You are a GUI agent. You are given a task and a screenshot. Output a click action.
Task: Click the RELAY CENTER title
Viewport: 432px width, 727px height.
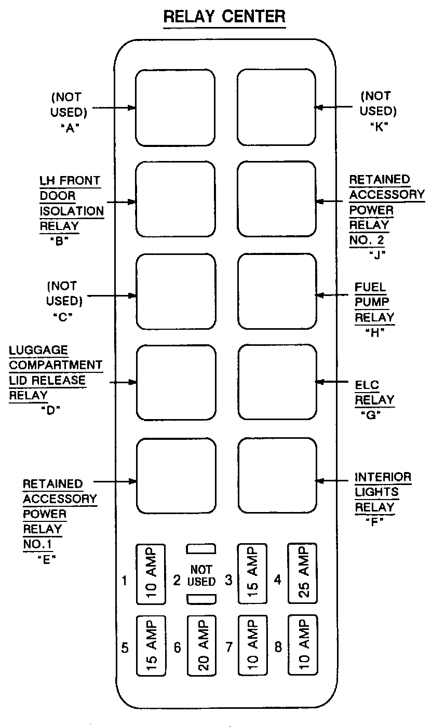coord(224,17)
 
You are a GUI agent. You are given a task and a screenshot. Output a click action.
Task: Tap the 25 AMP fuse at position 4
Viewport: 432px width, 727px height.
coord(303,574)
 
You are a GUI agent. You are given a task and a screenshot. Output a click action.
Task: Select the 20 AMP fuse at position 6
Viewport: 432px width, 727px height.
coord(201,645)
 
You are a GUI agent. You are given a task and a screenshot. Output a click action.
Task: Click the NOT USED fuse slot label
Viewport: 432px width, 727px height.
coord(201,575)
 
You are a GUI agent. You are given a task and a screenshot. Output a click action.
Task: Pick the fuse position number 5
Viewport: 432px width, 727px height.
coord(125,648)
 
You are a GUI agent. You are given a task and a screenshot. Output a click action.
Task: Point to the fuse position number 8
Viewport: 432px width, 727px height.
coord(278,648)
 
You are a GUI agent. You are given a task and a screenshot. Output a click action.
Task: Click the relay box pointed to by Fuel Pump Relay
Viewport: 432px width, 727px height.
coord(277,292)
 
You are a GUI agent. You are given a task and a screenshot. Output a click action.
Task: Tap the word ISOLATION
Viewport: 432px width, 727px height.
coord(72,211)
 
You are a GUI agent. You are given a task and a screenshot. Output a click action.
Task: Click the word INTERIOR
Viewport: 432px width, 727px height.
coord(383,477)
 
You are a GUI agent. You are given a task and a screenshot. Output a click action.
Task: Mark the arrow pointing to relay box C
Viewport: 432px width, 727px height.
coord(111,297)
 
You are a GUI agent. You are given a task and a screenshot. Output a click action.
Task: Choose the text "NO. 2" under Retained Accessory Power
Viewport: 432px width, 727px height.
coord(369,240)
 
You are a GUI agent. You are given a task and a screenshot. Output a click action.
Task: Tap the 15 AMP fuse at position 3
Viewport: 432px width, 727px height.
coord(252,574)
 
